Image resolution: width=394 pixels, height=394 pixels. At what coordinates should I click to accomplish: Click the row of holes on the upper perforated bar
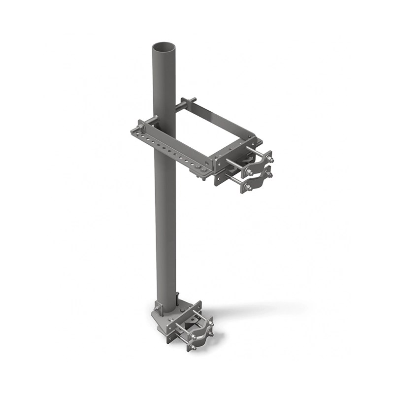[170, 148]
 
